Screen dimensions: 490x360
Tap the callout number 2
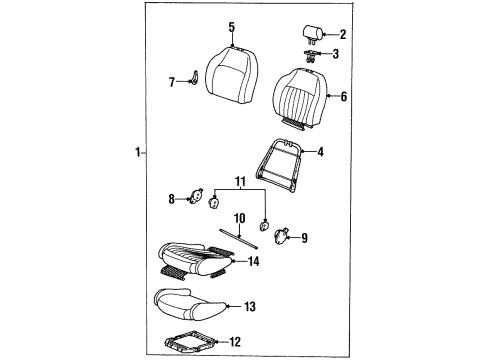pos(342,34)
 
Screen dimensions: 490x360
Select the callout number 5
pos(231,27)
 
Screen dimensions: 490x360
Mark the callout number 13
pos(250,306)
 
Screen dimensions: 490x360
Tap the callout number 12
pos(235,344)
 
